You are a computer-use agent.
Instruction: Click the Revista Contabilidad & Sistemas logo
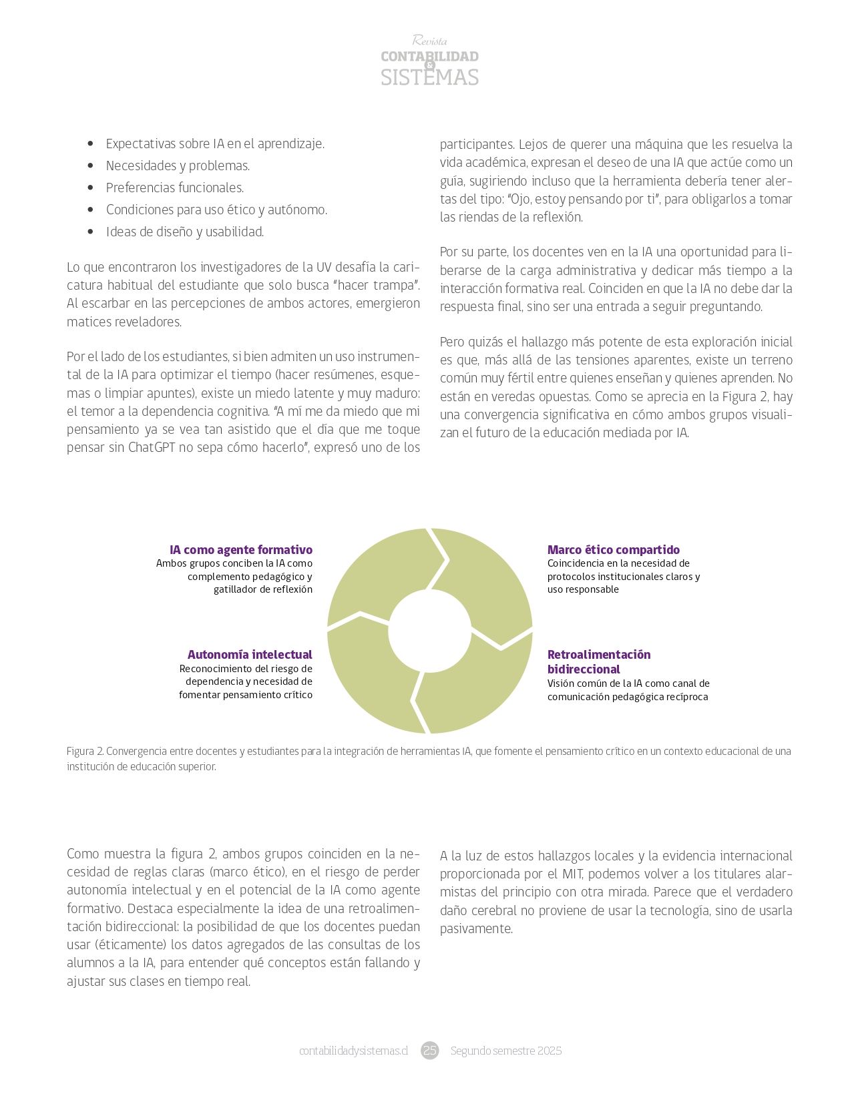(429, 61)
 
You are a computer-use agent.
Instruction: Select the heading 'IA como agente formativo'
(240, 550)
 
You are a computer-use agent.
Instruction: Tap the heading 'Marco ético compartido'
(613, 550)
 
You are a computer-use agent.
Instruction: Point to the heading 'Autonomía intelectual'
(250, 655)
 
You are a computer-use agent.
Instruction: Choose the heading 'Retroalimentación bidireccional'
(598, 662)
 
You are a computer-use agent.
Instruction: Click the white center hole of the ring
(429, 631)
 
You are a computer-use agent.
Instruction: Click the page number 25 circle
(429, 1051)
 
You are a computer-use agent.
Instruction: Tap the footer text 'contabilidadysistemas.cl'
(353, 1051)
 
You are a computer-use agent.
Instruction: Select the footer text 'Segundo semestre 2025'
(505, 1051)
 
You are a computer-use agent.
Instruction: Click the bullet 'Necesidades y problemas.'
(178, 166)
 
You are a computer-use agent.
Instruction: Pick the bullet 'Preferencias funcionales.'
(174, 188)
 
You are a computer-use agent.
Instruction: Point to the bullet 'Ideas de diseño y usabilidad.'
(185, 232)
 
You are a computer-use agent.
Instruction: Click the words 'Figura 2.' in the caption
(85, 752)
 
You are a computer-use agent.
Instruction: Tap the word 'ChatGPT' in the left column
(150, 447)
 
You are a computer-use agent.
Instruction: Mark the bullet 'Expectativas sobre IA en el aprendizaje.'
(215, 144)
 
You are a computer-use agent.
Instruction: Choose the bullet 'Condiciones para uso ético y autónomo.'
(216, 210)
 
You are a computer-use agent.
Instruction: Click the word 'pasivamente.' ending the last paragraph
(476, 928)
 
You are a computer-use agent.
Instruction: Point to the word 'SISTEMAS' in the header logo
(429, 77)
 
